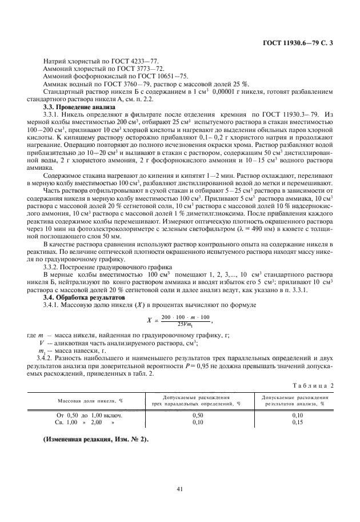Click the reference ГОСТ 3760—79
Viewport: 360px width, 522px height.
[121, 83]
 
